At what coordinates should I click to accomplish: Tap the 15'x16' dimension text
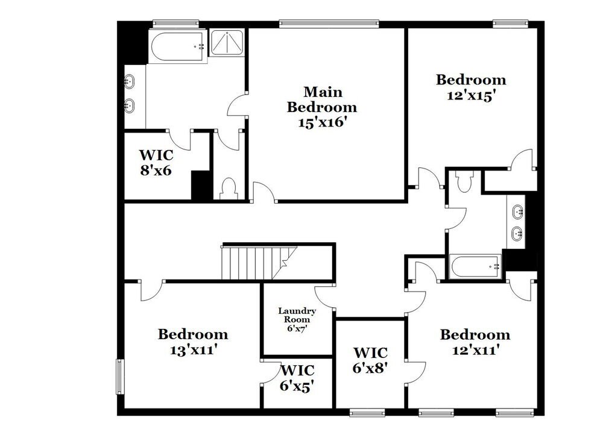point(322,122)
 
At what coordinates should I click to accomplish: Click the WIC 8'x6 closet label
point(156,161)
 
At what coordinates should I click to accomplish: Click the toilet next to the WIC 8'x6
point(229,189)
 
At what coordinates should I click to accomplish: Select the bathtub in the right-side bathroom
point(475,266)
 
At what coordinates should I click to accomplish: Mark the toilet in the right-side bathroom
point(464,181)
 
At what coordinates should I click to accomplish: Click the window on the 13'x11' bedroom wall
point(119,377)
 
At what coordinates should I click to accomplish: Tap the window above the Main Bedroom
point(329,24)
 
